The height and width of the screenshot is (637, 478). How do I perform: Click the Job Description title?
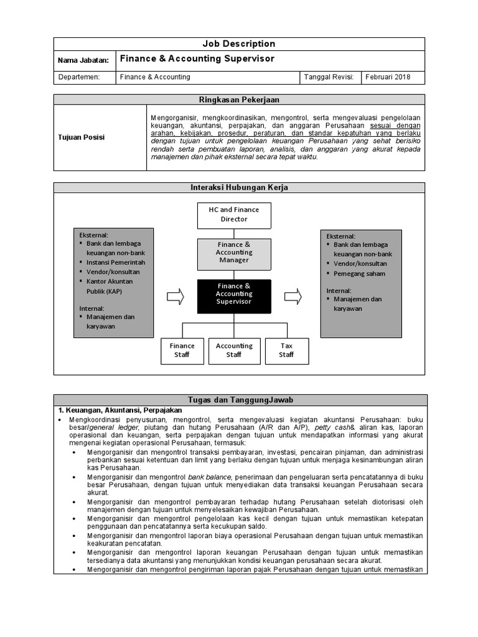(239, 44)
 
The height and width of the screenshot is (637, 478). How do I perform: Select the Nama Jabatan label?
(83, 60)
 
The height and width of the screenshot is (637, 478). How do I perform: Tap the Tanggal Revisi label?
(329, 77)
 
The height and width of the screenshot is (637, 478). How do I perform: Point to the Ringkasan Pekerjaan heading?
(239, 100)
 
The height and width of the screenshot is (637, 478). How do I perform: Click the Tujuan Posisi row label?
(81, 137)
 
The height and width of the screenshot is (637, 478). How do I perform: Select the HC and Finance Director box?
(233, 215)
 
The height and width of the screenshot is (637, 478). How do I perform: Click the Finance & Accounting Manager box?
(233, 253)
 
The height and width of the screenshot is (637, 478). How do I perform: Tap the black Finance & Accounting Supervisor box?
(233, 294)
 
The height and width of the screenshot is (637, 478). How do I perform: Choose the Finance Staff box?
(182, 350)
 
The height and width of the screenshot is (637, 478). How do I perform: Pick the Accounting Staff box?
(234, 350)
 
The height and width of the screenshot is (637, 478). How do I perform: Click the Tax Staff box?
(286, 350)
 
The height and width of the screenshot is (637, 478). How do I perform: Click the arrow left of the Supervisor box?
(176, 296)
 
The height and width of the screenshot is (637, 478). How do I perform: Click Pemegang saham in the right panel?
(358, 274)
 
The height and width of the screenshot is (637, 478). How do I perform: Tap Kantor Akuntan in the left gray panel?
(110, 281)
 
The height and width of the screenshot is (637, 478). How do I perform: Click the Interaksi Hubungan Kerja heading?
(239, 187)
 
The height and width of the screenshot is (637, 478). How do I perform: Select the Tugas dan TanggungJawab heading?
(239, 399)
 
